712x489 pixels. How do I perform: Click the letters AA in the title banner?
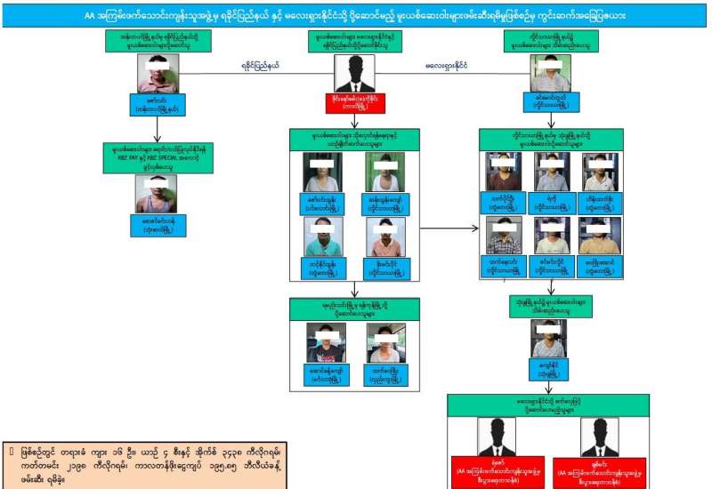coord(90,16)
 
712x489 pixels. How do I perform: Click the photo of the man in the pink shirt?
coord(157,73)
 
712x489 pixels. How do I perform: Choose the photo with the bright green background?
coord(384,171)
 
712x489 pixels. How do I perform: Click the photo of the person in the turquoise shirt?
coord(322,236)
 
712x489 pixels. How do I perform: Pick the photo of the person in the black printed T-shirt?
coord(323,341)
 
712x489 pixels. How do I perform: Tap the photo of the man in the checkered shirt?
coord(503,235)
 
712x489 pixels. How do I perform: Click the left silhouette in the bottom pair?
coord(495,436)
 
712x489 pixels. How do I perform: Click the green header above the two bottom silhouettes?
coord(547,405)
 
